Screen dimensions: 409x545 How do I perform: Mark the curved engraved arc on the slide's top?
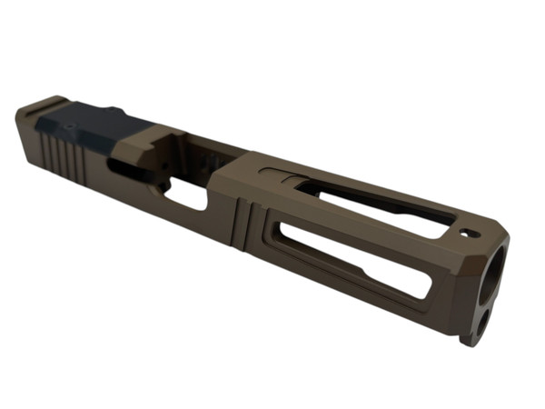[x=277, y=172]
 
